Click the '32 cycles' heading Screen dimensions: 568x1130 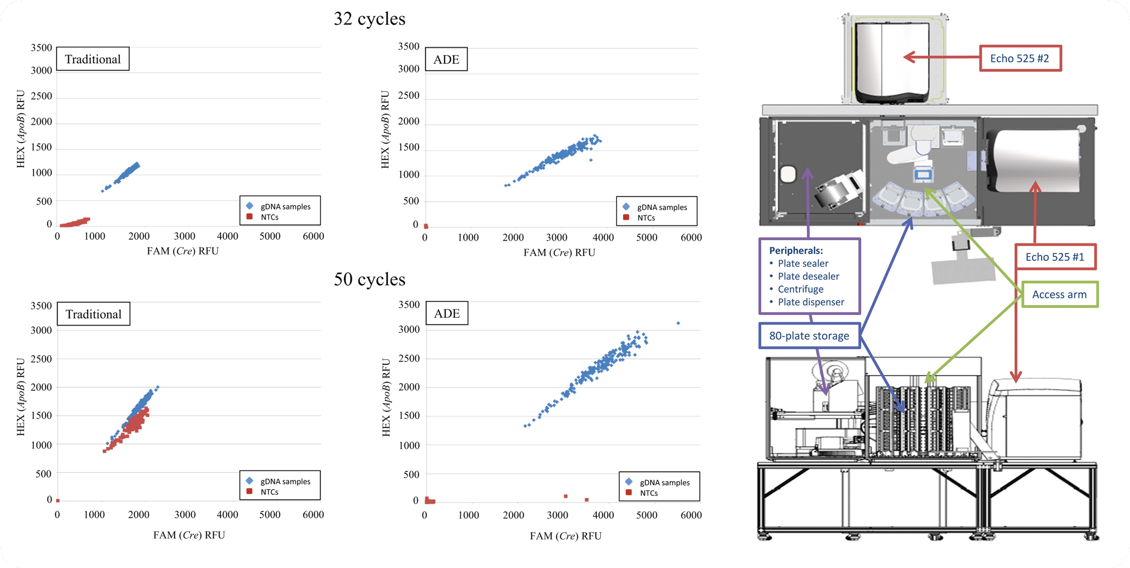[369, 19]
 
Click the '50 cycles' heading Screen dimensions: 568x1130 [369, 279]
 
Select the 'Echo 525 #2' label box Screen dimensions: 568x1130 [1020, 58]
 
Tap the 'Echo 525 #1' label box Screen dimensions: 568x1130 [1055, 257]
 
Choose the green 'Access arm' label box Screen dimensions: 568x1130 [1059, 294]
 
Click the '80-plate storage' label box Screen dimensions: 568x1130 [809, 335]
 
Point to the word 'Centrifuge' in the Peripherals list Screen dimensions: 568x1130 [800, 289]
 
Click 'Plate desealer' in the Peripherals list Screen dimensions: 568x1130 [808, 276]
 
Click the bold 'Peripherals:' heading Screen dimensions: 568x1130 [795, 250]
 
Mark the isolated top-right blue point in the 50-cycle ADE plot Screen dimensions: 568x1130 [678, 323]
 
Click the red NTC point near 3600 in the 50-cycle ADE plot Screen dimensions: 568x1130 [587, 500]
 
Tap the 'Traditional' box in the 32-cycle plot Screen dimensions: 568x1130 [93, 59]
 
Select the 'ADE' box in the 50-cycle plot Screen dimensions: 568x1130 [447, 313]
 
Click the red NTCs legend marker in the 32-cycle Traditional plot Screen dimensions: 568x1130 [250, 217]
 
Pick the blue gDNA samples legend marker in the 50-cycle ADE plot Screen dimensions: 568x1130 [628, 482]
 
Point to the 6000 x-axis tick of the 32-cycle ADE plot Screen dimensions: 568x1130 [691, 237]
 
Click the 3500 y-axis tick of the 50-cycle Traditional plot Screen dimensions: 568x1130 [41, 306]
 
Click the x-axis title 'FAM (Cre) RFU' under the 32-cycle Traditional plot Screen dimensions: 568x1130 [183, 251]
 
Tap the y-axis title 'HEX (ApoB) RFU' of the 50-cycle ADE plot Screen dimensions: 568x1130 [386, 397]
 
